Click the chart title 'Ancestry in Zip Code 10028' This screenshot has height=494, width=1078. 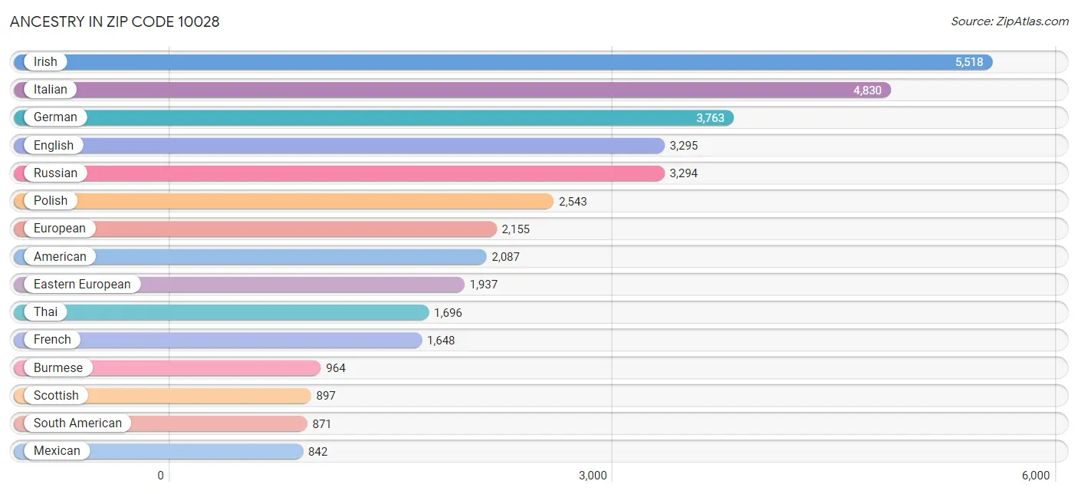[115, 21]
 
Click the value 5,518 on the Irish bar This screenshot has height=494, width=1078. [968, 62]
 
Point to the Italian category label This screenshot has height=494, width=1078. [51, 90]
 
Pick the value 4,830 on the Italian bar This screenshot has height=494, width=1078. [867, 91]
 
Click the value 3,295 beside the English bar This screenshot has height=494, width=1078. [684, 146]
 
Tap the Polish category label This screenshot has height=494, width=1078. [51, 201]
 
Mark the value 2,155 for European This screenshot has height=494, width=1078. [515, 229]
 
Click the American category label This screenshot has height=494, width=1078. [60, 256]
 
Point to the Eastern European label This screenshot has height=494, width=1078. [82, 284]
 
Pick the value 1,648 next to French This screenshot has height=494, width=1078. [441, 341]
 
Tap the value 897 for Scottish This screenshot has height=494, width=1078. [326, 396]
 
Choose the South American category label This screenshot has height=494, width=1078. [77, 423]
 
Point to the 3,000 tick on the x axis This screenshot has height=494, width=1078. [593, 476]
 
